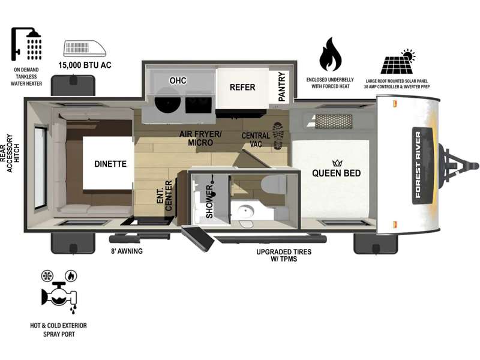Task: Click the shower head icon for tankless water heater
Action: [x=26, y=44]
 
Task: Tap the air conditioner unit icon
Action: [x=85, y=49]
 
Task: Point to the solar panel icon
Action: [x=398, y=61]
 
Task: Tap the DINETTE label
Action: [x=110, y=164]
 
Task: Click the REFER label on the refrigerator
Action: [x=242, y=88]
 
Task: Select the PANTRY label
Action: [x=281, y=86]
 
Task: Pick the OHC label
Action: [x=178, y=80]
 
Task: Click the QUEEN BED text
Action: [x=336, y=173]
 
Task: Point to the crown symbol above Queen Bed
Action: [x=337, y=163]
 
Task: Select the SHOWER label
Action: [x=209, y=202]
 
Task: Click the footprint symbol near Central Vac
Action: [x=278, y=136]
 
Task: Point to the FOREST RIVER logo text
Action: [x=418, y=164]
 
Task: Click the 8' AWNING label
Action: [x=127, y=251]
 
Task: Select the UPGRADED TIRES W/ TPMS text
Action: [x=284, y=256]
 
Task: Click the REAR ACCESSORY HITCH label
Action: [x=10, y=153]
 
